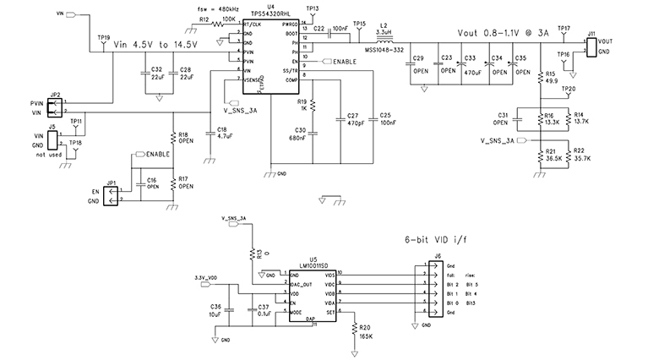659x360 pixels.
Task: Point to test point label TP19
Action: [104, 37]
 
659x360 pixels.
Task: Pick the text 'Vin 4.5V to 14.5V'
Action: [155, 44]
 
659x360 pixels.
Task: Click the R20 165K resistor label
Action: [365, 331]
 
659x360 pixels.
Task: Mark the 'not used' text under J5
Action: [55, 155]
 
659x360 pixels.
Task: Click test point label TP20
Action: [569, 89]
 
